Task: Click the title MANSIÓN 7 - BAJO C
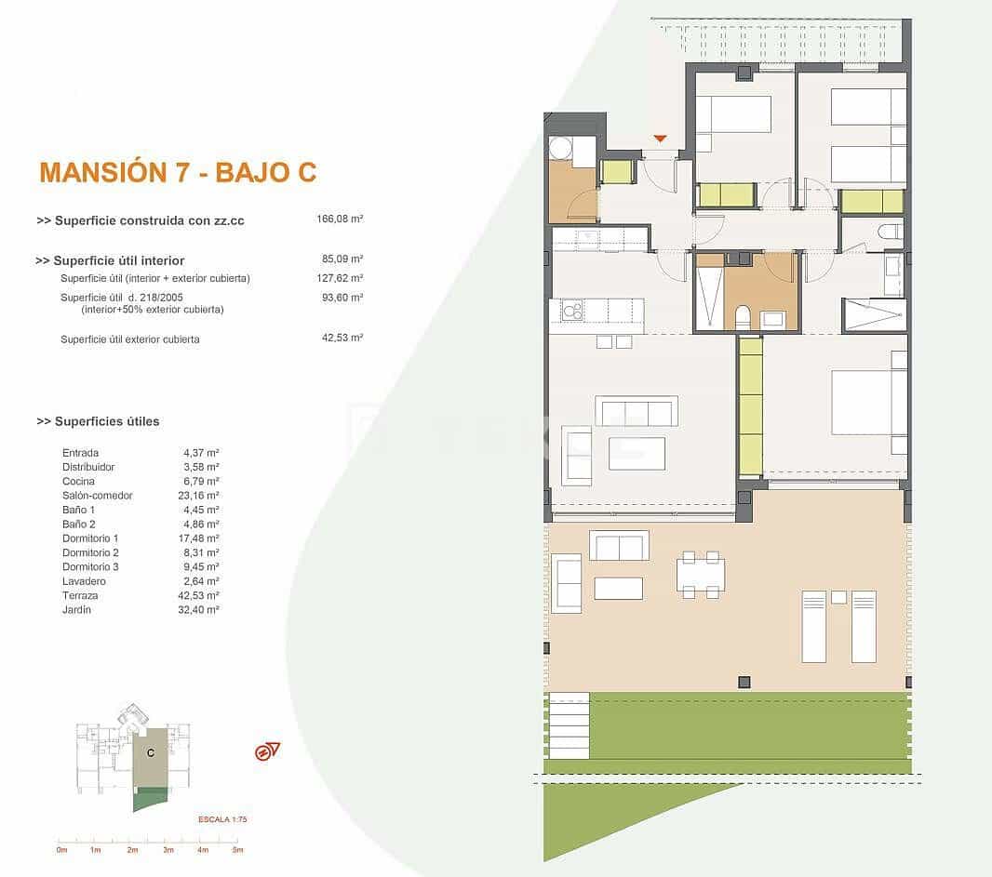tap(178, 172)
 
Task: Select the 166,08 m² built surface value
tap(340, 219)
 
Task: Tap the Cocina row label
tap(78, 482)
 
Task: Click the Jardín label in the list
tap(76, 610)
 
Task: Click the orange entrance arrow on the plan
tap(660, 140)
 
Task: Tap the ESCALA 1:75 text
tap(221, 819)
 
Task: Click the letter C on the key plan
tap(150, 754)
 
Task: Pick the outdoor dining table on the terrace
tap(700, 575)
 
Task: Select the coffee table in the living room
tap(637, 453)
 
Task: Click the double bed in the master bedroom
tap(868, 403)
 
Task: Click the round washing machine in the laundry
tap(560, 149)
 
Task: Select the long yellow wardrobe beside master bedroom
tap(750, 406)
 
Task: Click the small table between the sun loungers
tap(838, 597)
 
